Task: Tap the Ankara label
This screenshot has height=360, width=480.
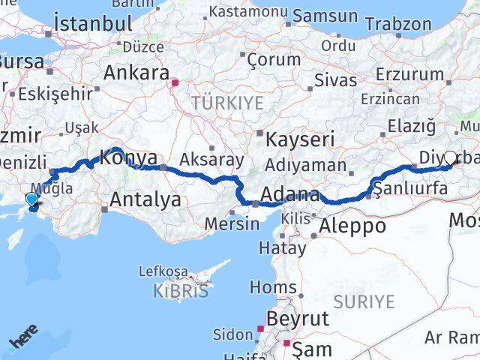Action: pyautogui.click(x=136, y=73)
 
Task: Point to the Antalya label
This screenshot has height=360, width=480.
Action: pyautogui.click(x=145, y=199)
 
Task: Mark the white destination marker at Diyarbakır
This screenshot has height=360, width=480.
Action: pyautogui.click(x=450, y=158)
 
